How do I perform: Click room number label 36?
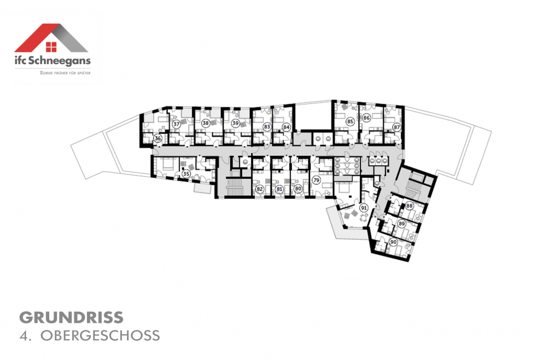tap(157, 139)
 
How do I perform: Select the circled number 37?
tap(176, 124)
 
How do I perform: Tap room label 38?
tap(205, 123)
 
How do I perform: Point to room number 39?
tap(235, 124)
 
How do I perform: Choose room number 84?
tap(285, 127)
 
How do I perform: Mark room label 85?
tap(351, 121)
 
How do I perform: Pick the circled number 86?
tap(366, 118)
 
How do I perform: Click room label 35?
tap(186, 175)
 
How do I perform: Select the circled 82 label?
tap(260, 189)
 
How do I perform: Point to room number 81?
tap(279, 189)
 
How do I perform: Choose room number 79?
tap(316, 180)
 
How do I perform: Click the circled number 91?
tap(364, 208)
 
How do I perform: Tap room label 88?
tap(409, 206)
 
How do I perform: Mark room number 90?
tap(393, 242)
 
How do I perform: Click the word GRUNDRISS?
tap(71, 317)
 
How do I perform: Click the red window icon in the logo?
tap(51, 47)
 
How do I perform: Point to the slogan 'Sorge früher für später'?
tap(65, 72)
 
